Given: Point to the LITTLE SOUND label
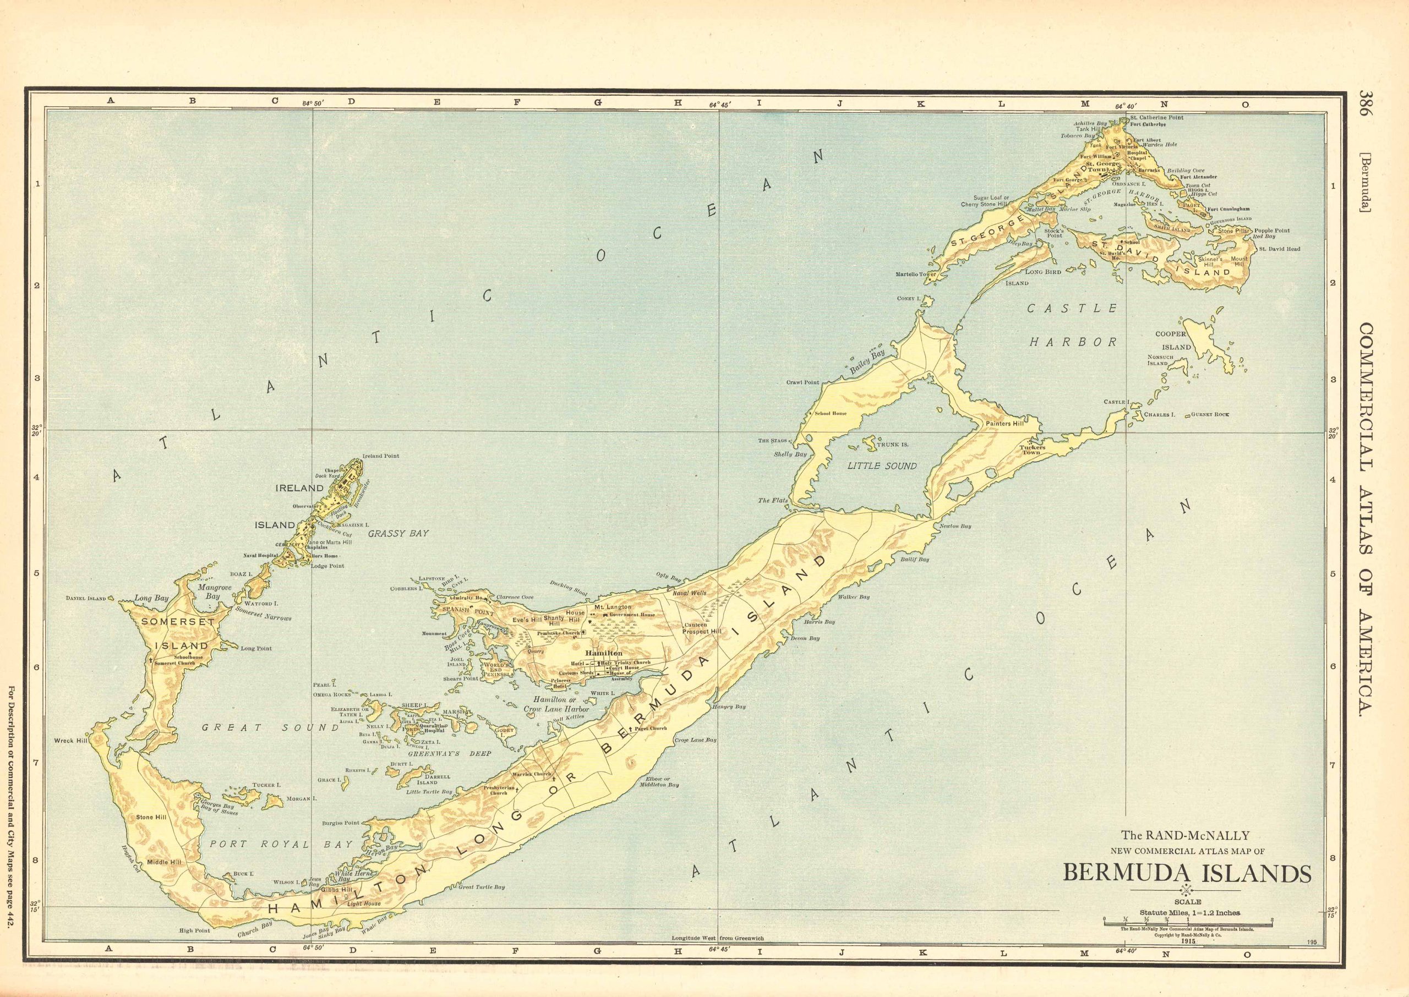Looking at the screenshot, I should tap(882, 466).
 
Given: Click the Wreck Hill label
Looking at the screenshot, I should tap(73, 741).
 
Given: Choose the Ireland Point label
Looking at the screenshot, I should tap(381, 456).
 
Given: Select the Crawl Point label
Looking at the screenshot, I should tap(802, 382).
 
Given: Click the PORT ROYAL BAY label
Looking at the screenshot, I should tap(281, 844).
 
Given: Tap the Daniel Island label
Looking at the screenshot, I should tap(86, 598).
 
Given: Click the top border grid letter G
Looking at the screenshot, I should tap(597, 103).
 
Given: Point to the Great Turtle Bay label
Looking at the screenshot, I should tap(482, 887).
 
